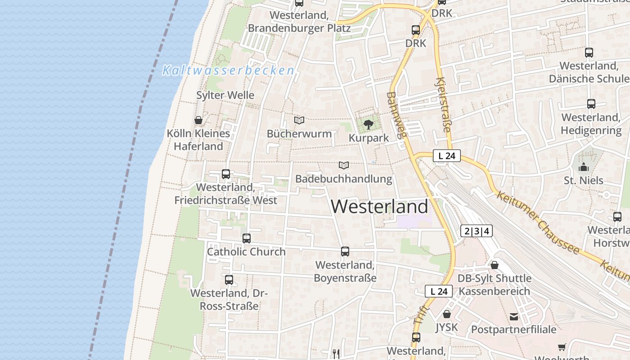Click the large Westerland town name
[x=379, y=207]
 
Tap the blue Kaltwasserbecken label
[x=228, y=71]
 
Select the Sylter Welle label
[x=225, y=95]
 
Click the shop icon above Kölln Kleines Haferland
[x=198, y=120]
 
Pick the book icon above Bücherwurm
[x=299, y=120]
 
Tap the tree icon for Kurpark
[x=369, y=124]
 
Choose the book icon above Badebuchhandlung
[x=344, y=166]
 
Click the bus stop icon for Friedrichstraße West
[x=226, y=174]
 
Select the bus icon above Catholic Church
[x=246, y=238]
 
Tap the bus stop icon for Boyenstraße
[x=345, y=252]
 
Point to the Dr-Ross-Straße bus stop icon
[x=229, y=280]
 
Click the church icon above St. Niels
[x=584, y=167]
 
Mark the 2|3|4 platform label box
[x=477, y=231]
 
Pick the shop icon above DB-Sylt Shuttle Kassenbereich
[x=495, y=265]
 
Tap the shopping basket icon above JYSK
[x=446, y=314]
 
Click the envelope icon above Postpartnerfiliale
[x=514, y=317]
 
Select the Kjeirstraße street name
[x=443, y=105]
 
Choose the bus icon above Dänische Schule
[x=589, y=53]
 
